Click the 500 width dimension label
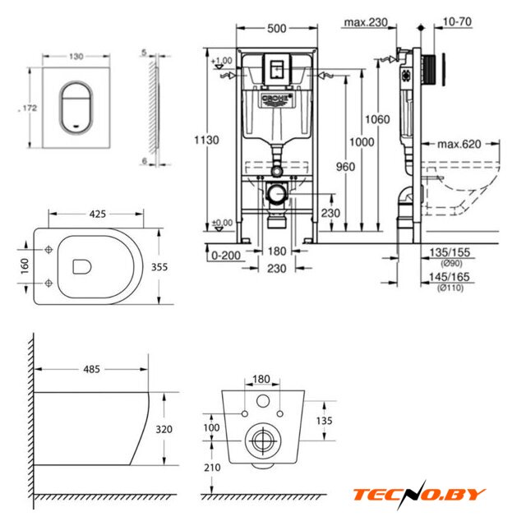click(277, 29)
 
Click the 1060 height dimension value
click(376, 119)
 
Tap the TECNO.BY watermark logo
click(419, 495)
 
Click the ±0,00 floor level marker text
click(221, 223)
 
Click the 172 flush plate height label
click(30, 108)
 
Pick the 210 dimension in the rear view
click(212, 468)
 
